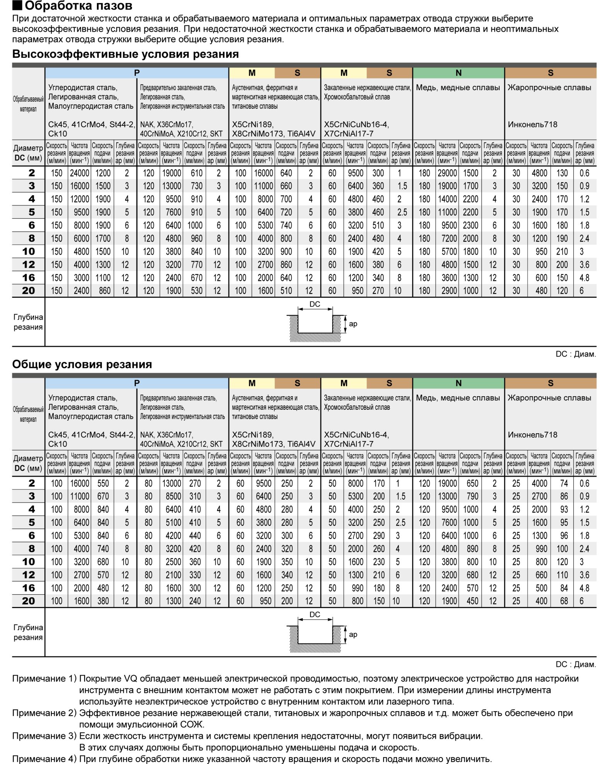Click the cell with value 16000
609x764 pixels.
pos(80,186)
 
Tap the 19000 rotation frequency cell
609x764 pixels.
pos(447,186)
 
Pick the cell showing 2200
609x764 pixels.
pos(470,212)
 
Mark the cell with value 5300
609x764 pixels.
pos(355,496)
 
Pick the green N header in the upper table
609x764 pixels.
pos(458,73)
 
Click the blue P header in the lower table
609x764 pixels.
pos(137,383)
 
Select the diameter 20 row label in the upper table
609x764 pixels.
pos(28,291)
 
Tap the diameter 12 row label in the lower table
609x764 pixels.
pos(28,575)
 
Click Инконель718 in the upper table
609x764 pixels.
pos(533,125)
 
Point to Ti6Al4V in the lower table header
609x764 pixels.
pos(301,444)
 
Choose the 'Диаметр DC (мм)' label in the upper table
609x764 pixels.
pos(28,153)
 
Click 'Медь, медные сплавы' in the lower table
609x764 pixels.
pos(458,398)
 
